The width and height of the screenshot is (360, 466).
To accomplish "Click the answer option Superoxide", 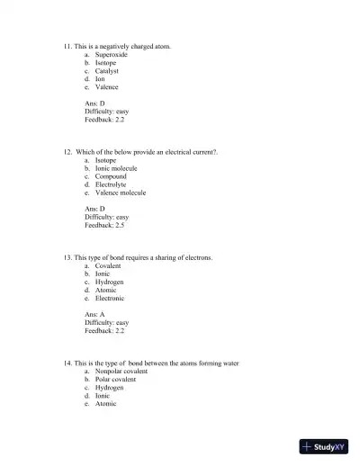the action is click(111, 55).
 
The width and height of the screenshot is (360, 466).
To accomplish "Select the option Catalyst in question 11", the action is click(106, 71).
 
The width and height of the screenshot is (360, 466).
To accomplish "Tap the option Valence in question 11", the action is click(106, 87).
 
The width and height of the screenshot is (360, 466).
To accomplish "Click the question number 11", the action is click(68, 45).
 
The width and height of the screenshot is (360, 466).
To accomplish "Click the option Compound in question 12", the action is click(110, 176).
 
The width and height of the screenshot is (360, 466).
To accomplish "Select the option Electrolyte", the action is click(111, 184).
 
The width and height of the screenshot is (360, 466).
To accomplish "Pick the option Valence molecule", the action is click(120, 193).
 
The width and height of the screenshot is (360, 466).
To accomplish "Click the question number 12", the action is click(68, 152).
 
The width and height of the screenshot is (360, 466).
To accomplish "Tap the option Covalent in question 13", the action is click(107, 266).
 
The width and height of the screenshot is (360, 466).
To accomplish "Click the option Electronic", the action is click(109, 299).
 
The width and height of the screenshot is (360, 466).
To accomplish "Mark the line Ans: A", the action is click(94, 315).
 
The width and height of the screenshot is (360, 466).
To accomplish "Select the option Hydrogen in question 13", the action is click(109, 282).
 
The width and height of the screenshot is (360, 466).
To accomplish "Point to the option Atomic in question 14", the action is click(105, 404).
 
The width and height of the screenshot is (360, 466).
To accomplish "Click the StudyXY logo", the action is click(324, 445).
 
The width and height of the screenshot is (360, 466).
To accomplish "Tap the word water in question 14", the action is click(229, 363).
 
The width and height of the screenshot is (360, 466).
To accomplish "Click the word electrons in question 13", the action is click(198, 257).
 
